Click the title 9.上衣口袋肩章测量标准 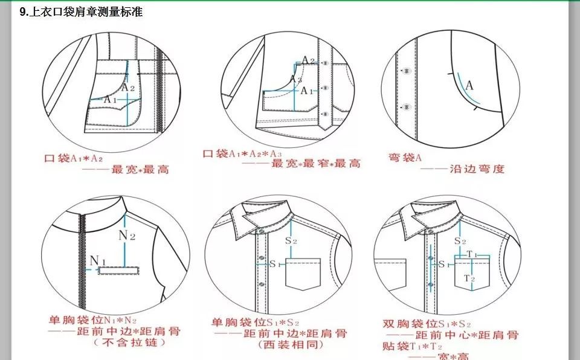tap(81, 11)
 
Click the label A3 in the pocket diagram tap(295, 79)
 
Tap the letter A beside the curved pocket tap(469, 85)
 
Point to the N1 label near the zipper tap(98, 260)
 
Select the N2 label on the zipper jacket tap(127, 235)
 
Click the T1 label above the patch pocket tap(472, 255)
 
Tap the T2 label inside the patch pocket tap(469, 278)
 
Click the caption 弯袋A tap(404, 157)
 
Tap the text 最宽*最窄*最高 tap(315, 164)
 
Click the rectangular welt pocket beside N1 tap(119, 272)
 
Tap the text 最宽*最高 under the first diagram tap(140, 170)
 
